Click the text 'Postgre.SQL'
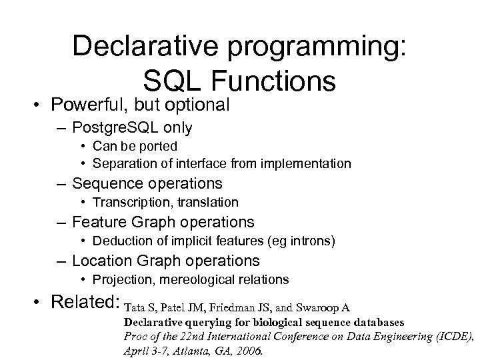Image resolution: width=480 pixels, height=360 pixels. (x=113, y=127)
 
